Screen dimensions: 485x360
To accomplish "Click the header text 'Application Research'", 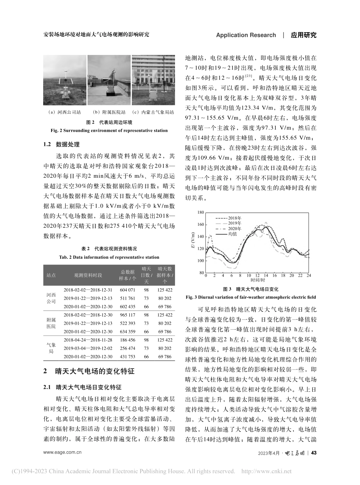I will coord(246,35).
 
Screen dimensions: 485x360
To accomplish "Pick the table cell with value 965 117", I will coord(127,314).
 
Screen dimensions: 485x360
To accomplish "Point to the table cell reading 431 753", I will coord(127,357).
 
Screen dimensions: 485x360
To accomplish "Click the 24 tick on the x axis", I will coord(309,276).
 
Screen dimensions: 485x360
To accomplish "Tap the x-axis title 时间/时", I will coord(257,280).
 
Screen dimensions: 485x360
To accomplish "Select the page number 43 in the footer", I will coord(313,453).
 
